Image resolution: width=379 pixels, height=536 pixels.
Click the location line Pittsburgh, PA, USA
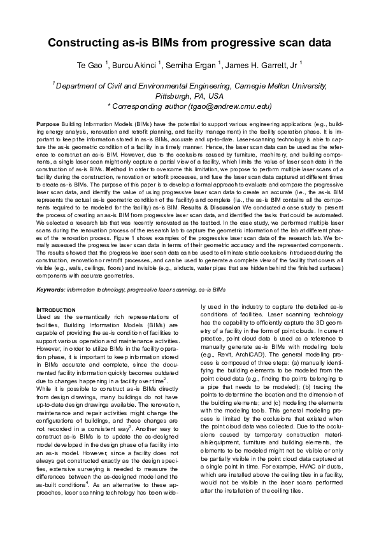point(189,95)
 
